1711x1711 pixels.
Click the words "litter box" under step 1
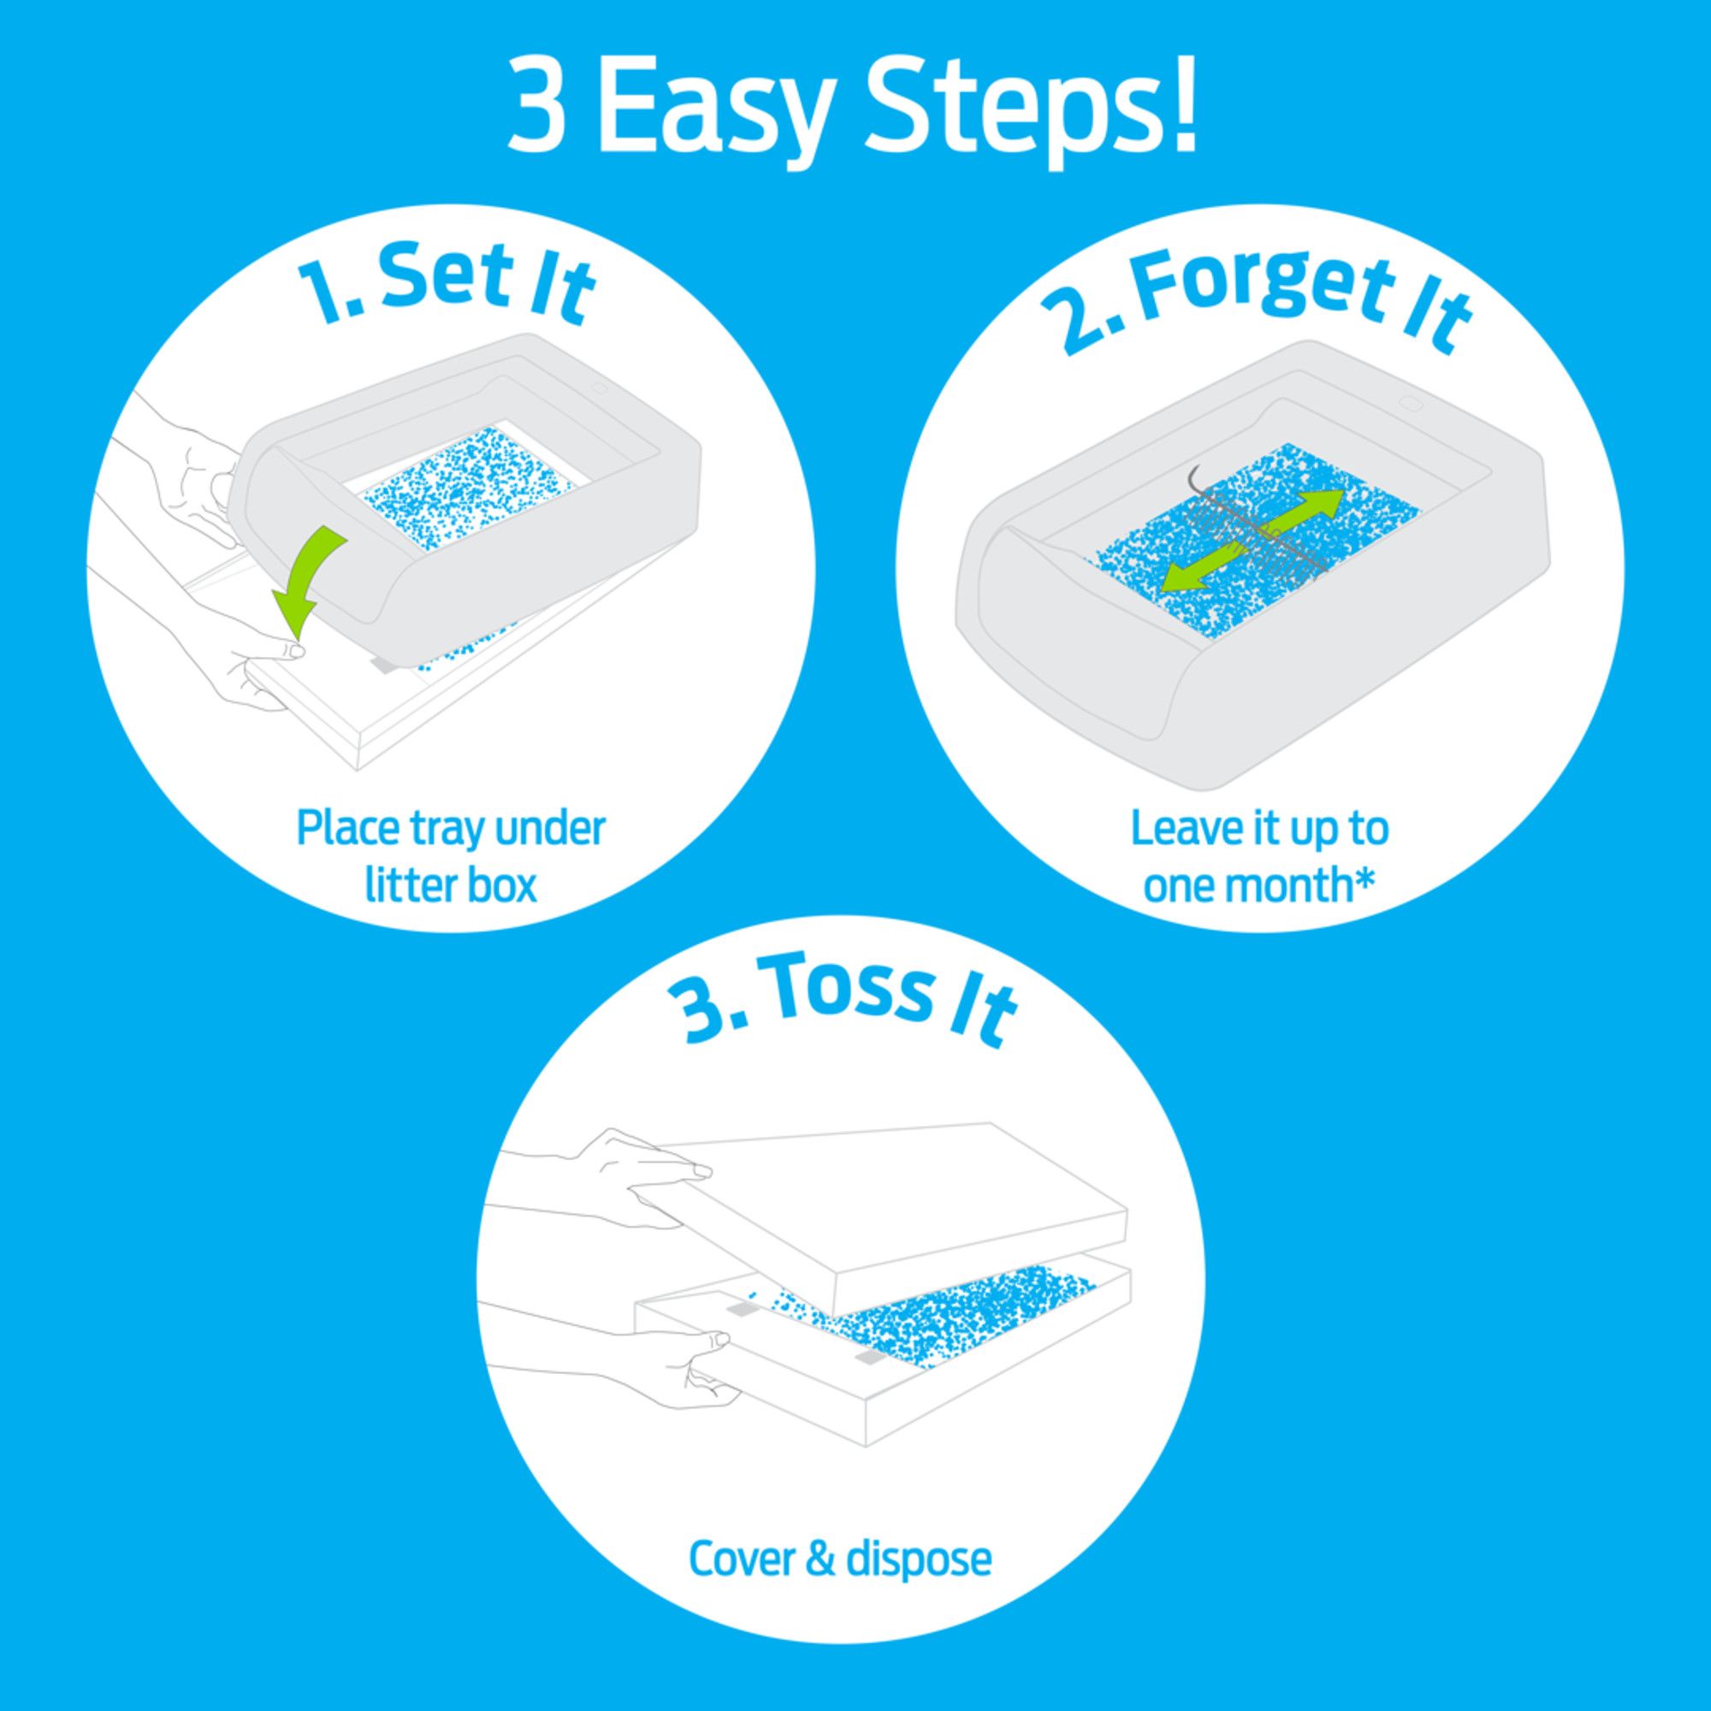(x=451, y=885)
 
